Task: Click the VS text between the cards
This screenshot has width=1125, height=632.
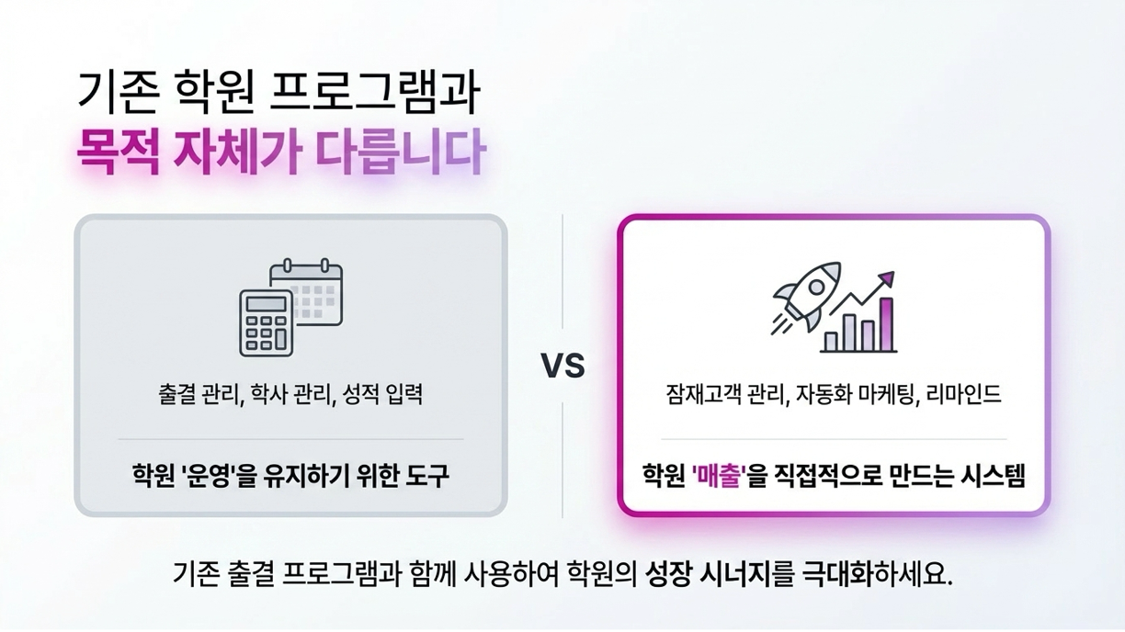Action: pos(562,366)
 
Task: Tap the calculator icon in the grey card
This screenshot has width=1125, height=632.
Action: pos(267,323)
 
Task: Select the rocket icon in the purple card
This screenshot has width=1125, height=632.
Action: pos(803,296)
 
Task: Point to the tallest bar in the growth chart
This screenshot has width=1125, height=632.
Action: pos(886,325)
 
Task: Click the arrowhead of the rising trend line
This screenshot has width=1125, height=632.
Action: pos(887,277)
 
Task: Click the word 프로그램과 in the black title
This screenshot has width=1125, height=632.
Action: pos(375,94)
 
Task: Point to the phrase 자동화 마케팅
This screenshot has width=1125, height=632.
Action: pos(859,395)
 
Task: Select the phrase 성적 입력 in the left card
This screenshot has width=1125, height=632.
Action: pos(382,395)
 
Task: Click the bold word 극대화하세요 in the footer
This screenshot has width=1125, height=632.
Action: pos(878,573)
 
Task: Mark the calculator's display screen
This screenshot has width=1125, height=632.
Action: pos(267,304)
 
